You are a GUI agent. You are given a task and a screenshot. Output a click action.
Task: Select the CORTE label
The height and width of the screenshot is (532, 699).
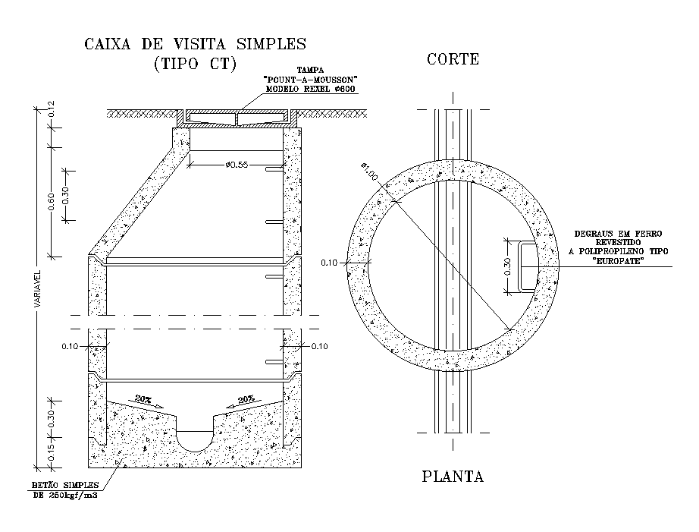point(453,59)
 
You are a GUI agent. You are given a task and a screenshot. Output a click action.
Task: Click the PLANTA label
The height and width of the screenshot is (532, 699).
point(453,477)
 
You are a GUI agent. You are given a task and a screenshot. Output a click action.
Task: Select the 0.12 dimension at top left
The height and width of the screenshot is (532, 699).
point(51,109)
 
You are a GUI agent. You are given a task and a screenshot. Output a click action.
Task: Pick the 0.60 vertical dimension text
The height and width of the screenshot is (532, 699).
point(51,201)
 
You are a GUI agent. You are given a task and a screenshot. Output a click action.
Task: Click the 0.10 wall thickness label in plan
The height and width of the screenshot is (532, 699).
point(329,263)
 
